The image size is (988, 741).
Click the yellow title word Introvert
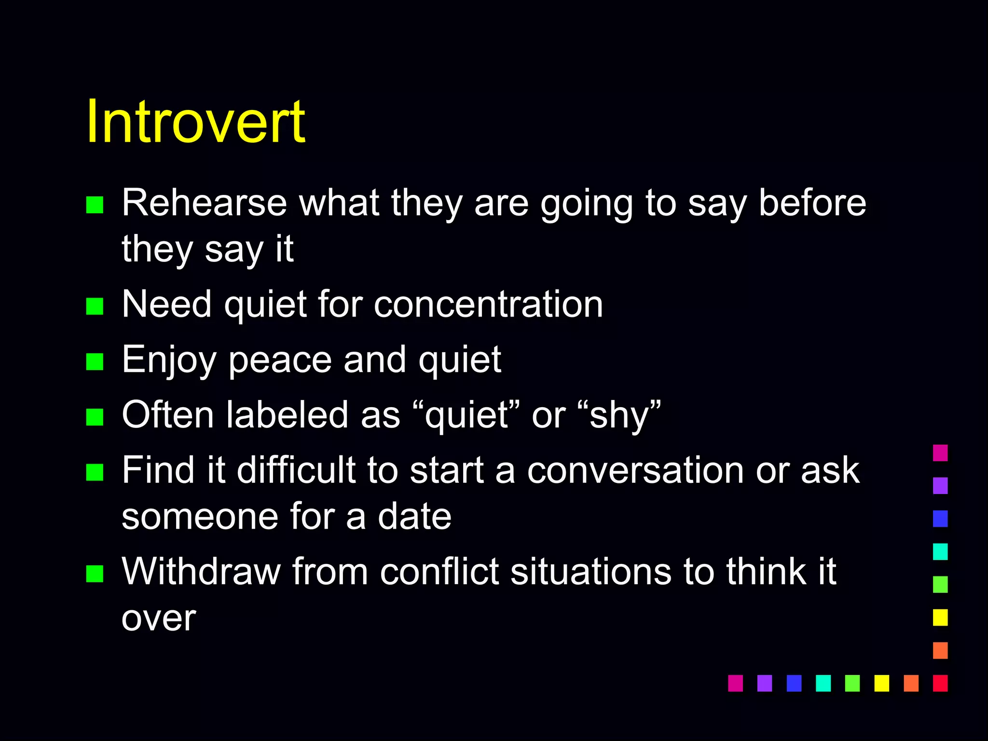pyautogui.click(x=195, y=122)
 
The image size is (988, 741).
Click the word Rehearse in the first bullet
pyautogui.click(x=204, y=203)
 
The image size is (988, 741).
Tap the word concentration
pyautogui.click(x=488, y=304)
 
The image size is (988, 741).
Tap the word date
pyautogui.click(x=414, y=517)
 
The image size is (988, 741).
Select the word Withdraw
pyautogui.click(x=201, y=572)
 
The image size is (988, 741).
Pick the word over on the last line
pyautogui.click(x=159, y=618)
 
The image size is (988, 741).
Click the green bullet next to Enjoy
pyautogui.click(x=95, y=361)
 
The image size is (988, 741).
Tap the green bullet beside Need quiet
pyautogui.click(x=95, y=306)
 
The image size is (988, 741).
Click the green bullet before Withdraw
pyautogui.click(x=95, y=574)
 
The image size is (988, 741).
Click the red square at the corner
pyautogui.click(x=940, y=683)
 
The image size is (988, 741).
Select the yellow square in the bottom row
pyautogui.click(x=881, y=683)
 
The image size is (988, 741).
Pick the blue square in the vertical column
pyautogui.click(x=940, y=519)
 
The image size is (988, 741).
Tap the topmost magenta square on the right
pyautogui.click(x=940, y=453)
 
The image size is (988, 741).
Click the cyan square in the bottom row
pyautogui.click(x=823, y=683)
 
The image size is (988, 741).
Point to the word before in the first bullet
pyautogui.click(x=812, y=203)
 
